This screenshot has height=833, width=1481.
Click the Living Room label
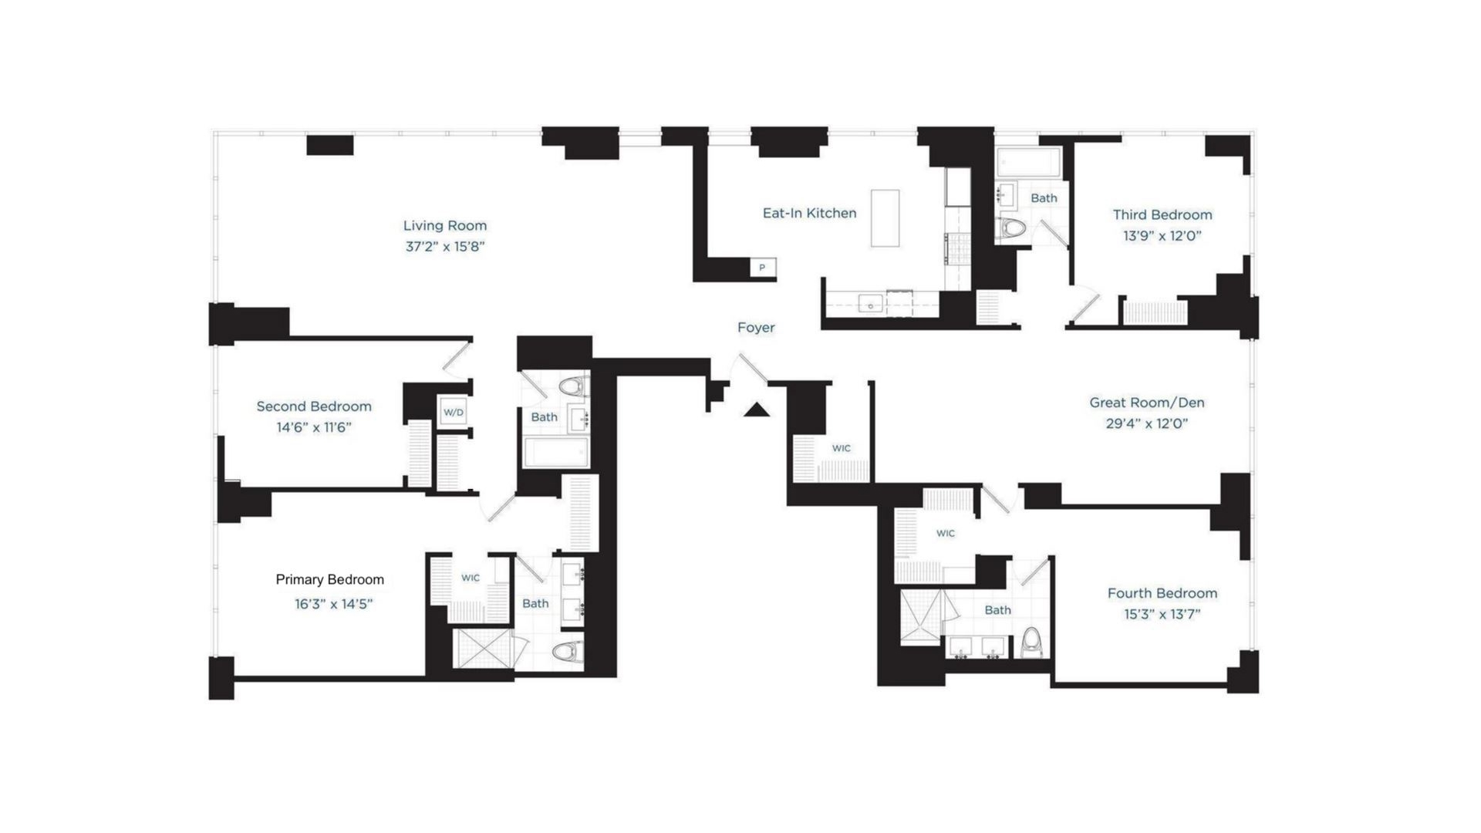point(445,225)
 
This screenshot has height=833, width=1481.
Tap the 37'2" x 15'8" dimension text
point(445,247)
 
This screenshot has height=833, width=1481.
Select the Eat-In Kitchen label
point(809,213)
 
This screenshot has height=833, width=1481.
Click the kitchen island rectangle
point(885,218)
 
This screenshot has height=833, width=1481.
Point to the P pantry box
point(762,268)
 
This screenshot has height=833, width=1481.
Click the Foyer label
point(756,328)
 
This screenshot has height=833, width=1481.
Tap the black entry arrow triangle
point(757,410)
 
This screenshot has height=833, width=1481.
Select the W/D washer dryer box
point(454,412)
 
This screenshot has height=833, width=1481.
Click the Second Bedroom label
point(314,406)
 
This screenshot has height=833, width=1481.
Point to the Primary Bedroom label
point(329,579)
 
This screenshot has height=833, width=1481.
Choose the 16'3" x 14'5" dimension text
point(333,604)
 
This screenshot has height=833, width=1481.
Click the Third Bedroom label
point(1162,214)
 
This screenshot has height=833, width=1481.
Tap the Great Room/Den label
point(1146,403)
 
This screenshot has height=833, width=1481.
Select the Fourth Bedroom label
point(1162,593)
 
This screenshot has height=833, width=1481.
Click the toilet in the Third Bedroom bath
point(1012,228)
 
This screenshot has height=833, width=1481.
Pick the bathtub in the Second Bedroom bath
point(556,453)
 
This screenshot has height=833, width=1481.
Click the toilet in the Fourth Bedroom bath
point(1031,642)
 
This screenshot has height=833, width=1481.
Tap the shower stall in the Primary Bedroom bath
point(482,649)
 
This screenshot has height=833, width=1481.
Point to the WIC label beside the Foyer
point(841,448)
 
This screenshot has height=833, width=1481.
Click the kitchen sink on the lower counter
point(870,304)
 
